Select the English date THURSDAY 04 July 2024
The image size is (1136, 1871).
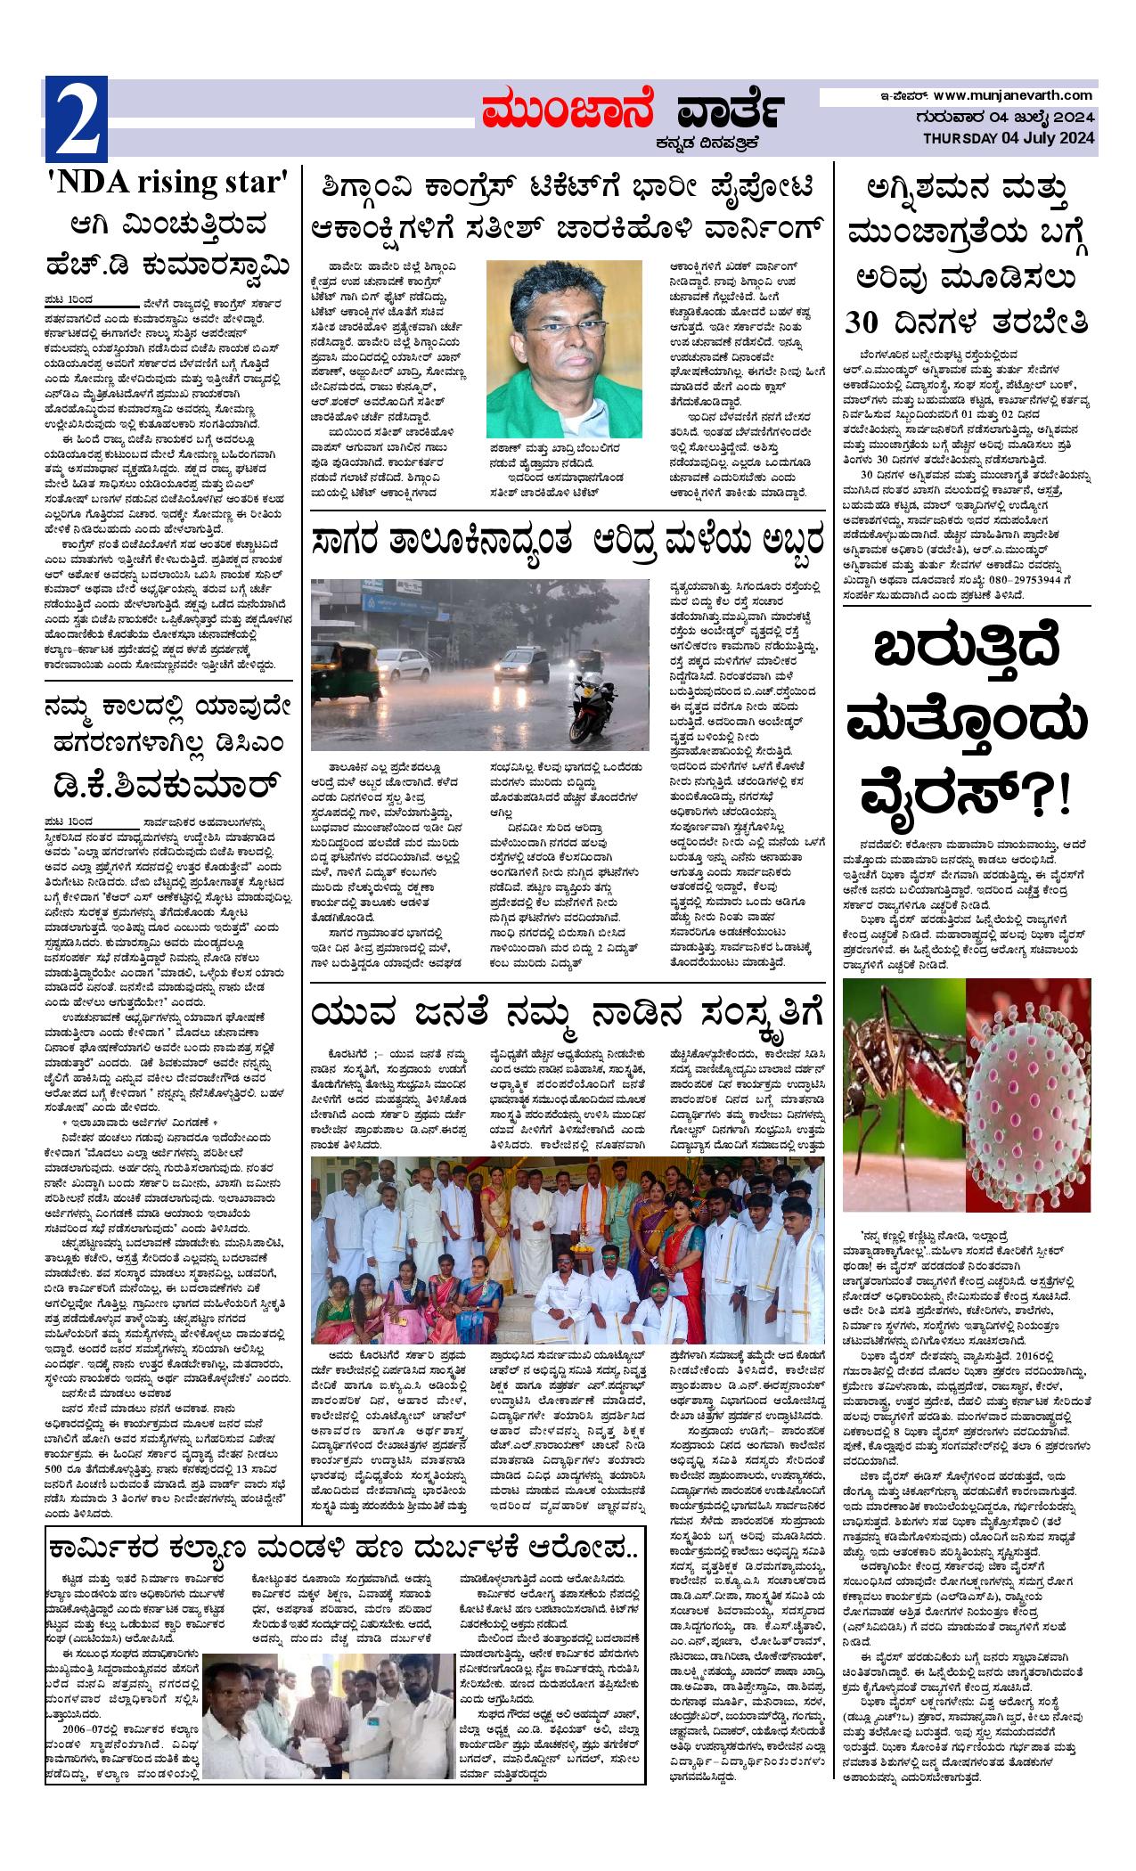click(1008, 138)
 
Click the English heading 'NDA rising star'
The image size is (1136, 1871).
click(169, 184)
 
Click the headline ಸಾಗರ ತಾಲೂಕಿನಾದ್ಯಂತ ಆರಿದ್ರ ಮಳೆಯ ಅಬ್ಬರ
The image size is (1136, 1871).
click(567, 539)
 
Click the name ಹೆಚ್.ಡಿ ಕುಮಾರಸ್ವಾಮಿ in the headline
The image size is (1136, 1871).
click(169, 264)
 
